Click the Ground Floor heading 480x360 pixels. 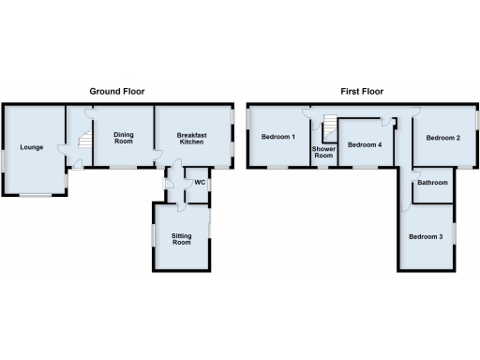pyautogui.click(x=123, y=91)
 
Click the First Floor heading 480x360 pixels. pyautogui.click(x=363, y=91)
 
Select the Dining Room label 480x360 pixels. pyautogui.click(x=124, y=139)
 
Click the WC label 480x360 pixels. pyautogui.click(x=199, y=182)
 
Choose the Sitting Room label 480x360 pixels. pyautogui.click(x=181, y=239)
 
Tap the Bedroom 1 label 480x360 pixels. pyautogui.click(x=278, y=138)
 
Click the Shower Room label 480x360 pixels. pyautogui.click(x=323, y=153)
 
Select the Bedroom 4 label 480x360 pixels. pyautogui.click(x=365, y=145)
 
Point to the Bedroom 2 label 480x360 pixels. pyautogui.click(x=442, y=138)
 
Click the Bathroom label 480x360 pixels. pyautogui.click(x=432, y=183)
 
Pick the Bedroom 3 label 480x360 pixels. pyautogui.click(x=426, y=236)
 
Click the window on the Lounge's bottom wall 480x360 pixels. pyautogui.click(x=37, y=195)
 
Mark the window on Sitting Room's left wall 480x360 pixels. pyautogui.click(x=152, y=235)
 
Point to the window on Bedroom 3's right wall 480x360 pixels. pyautogui.click(x=455, y=232)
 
